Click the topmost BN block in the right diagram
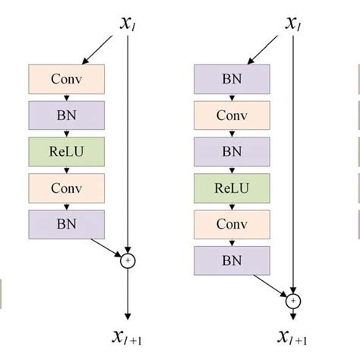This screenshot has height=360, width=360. point(232,79)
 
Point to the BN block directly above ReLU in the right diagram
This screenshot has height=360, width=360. point(232,150)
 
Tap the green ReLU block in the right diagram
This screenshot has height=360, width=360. point(232,186)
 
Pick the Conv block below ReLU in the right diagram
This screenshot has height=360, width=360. point(232,223)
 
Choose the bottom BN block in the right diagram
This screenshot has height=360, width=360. point(232,260)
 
